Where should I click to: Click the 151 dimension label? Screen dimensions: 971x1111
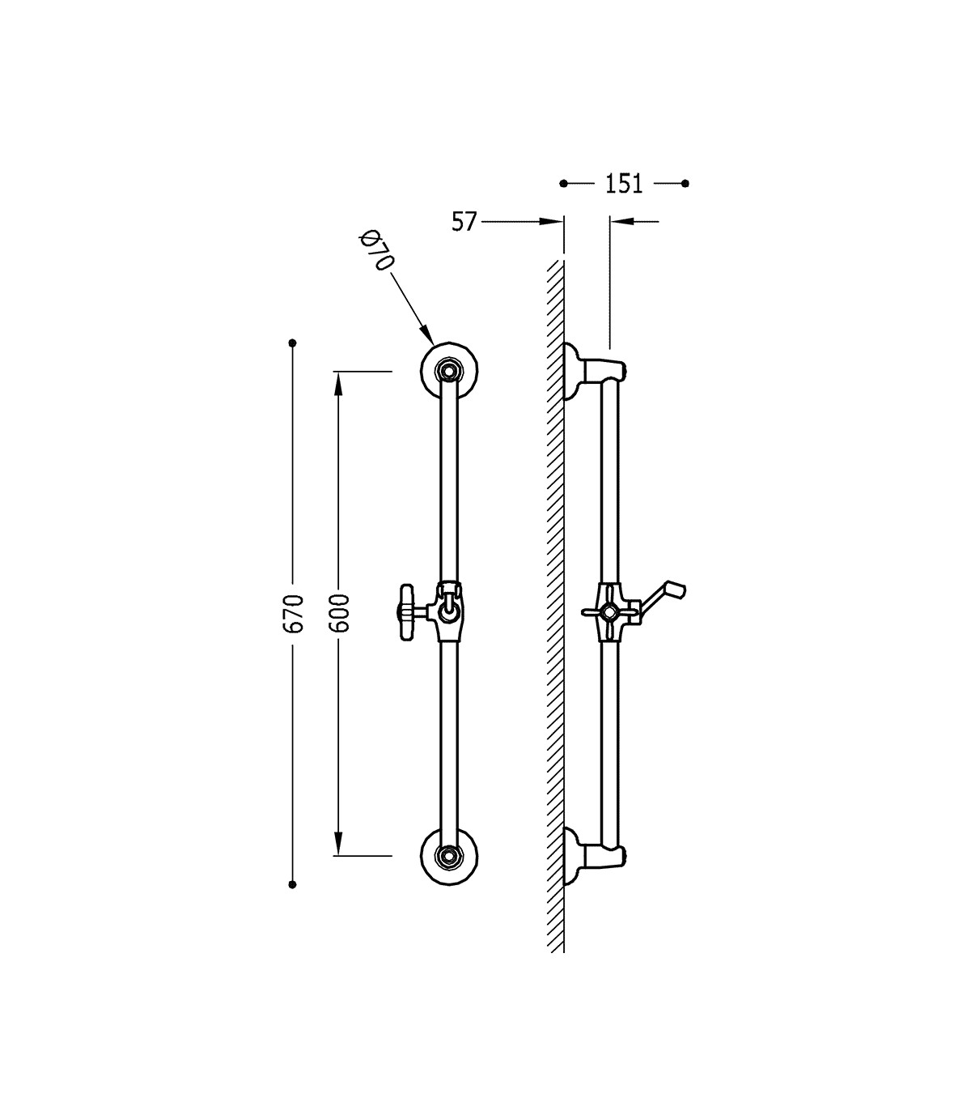(x=624, y=184)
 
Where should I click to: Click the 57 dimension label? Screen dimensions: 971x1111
(x=464, y=222)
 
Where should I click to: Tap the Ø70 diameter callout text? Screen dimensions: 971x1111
(x=377, y=250)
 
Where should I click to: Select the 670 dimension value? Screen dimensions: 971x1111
(x=293, y=614)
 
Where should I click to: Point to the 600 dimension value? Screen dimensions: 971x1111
(x=339, y=613)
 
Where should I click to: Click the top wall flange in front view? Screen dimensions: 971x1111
(x=449, y=371)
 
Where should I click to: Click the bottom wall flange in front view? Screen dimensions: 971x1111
(x=449, y=856)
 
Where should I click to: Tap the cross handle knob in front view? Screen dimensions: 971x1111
(x=407, y=612)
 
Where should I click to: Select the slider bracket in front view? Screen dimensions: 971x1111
(x=447, y=611)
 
